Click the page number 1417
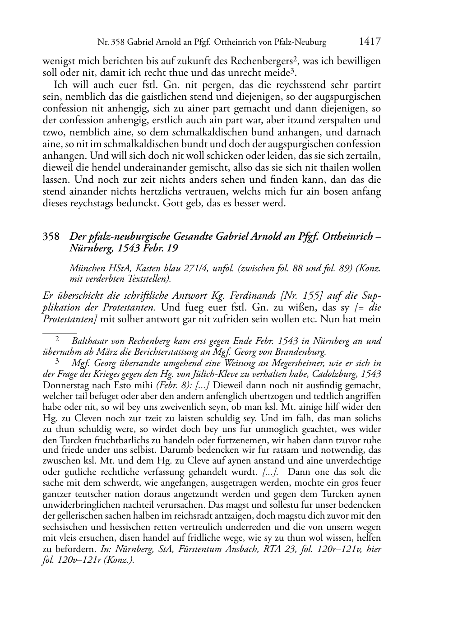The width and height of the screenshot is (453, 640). coord(370,42)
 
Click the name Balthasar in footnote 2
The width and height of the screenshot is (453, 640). coord(90,341)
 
